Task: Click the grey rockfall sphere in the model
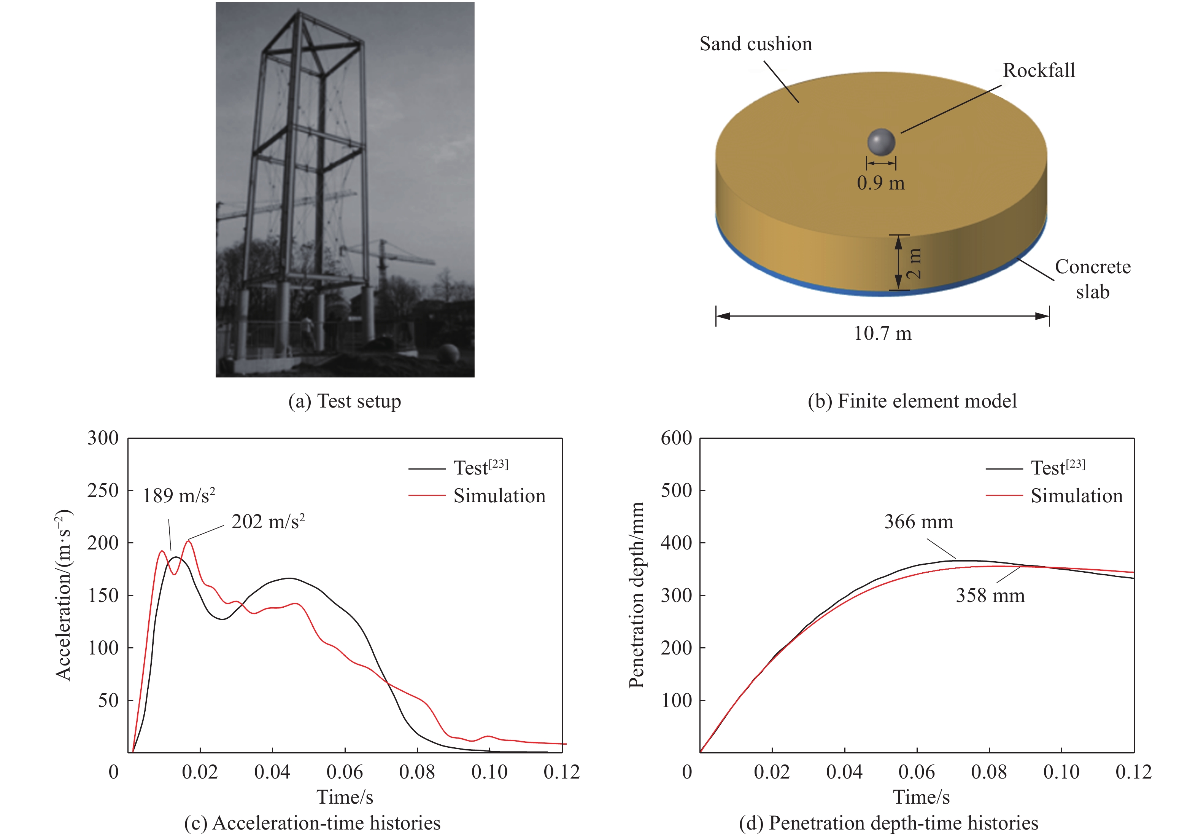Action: coord(881,142)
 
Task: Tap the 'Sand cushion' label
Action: coord(756,44)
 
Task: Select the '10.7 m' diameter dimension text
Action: coord(882,334)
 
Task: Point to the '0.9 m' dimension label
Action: coord(881,183)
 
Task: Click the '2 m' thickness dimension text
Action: coord(914,263)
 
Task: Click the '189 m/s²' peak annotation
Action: coord(179,495)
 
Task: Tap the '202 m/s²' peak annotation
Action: coord(268,522)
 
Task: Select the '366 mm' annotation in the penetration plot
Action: coord(918,522)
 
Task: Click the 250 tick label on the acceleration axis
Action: coord(103,491)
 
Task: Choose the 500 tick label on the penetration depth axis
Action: coord(676,491)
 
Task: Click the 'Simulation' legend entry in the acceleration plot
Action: coord(499,495)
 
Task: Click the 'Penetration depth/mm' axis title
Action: coord(637,595)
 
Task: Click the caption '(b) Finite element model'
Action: coord(912,401)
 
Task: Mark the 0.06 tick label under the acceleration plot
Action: coord(344,772)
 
